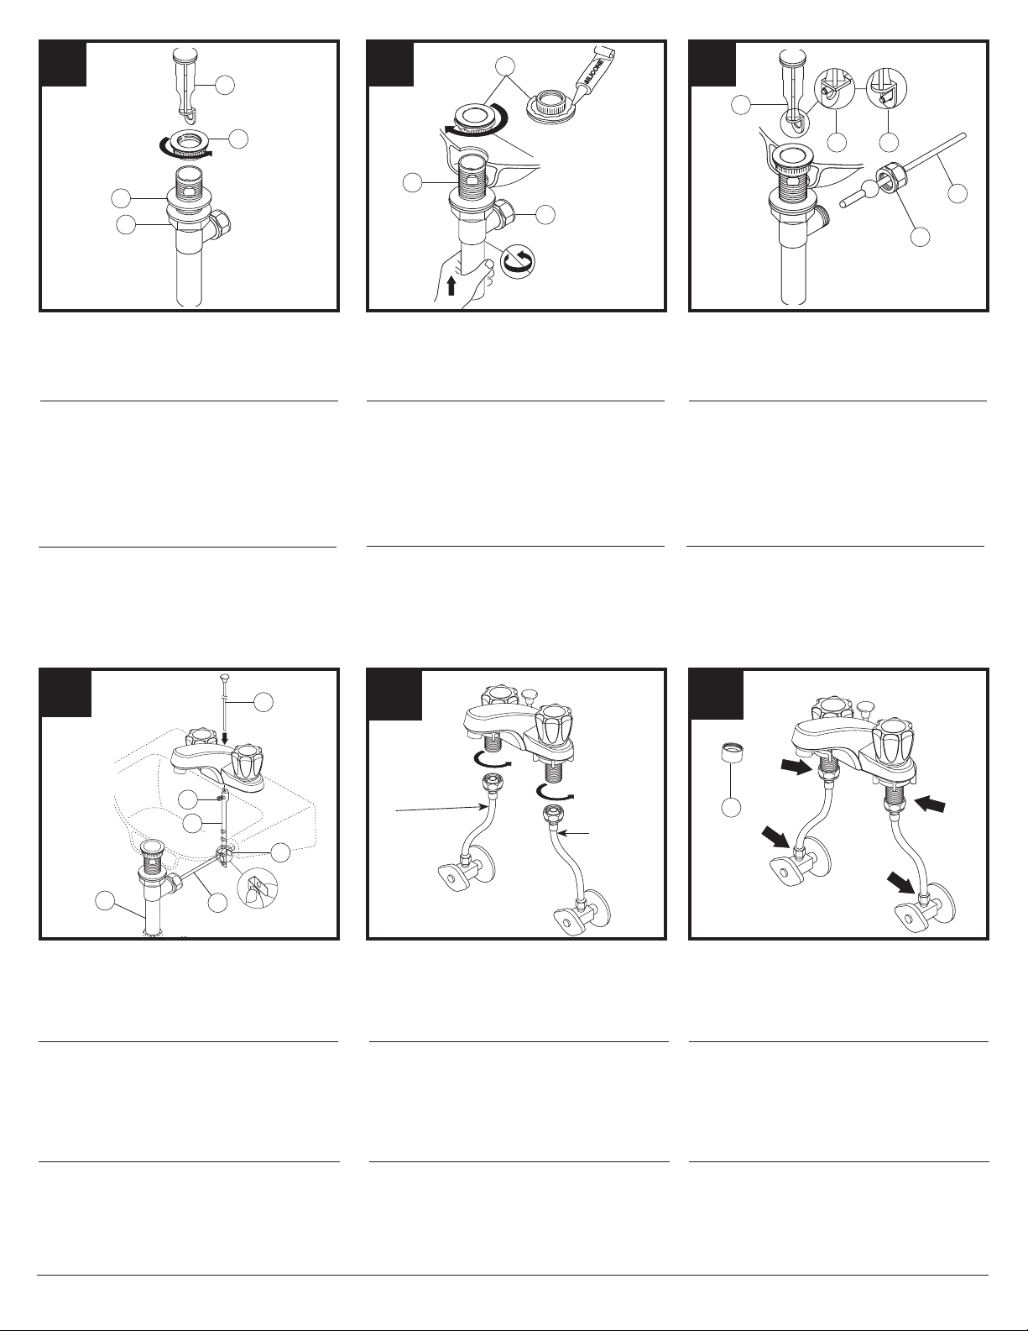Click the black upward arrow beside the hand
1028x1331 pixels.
[451, 285]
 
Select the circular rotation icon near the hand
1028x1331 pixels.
[517, 261]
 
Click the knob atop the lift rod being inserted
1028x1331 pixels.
[224, 677]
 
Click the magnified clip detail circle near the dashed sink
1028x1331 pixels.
[257, 888]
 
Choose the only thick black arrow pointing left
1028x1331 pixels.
[930, 803]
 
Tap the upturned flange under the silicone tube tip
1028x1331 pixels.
[551, 103]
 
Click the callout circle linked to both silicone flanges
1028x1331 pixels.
[505, 66]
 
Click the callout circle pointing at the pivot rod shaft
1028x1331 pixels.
[958, 193]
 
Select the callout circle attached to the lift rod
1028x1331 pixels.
[264, 702]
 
